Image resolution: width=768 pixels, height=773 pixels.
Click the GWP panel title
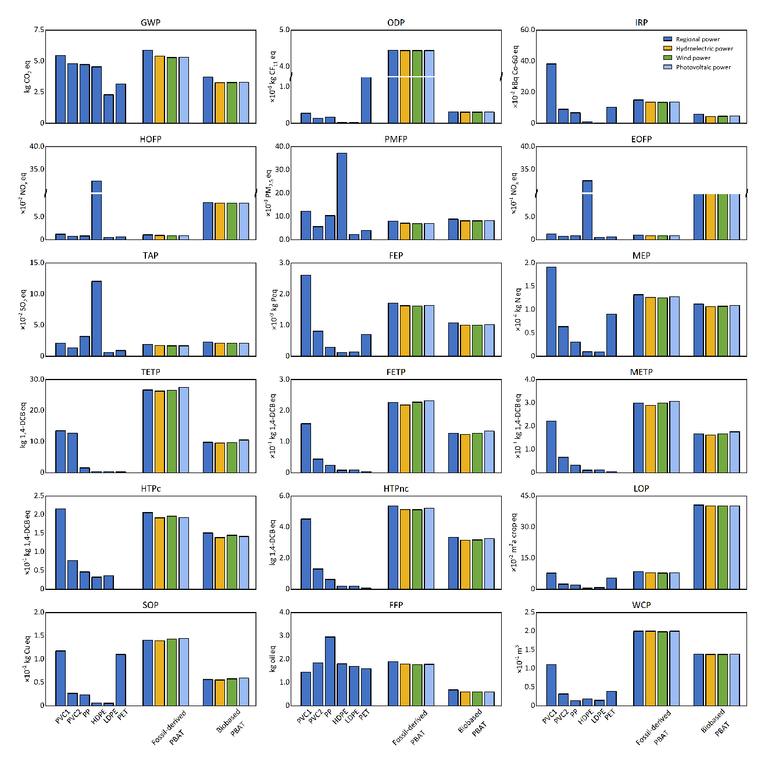[x=151, y=23]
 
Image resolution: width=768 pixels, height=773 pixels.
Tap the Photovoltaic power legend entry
[x=703, y=67]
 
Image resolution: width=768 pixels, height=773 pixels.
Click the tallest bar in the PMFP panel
[x=342, y=196]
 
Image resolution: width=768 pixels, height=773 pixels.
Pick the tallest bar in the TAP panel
[x=97, y=318]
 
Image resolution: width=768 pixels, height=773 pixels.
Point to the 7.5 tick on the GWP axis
[x=38, y=30]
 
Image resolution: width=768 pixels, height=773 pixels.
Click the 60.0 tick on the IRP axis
[x=528, y=30]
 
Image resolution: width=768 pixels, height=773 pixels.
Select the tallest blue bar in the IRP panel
[x=551, y=94]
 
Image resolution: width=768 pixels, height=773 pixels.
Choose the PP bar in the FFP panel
[x=330, y=671]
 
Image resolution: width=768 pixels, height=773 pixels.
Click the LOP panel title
[x=641, y=489]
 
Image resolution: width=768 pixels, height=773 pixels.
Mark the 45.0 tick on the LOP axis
[x=528, y=496]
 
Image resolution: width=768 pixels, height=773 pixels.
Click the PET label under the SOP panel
[x=123, y=715]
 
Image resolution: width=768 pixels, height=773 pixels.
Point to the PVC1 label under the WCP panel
[x=549, y=716]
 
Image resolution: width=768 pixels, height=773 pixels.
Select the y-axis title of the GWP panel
[x=27, y=76]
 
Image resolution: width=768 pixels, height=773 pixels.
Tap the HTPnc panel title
[x=396, y=489]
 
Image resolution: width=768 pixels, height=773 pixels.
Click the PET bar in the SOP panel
[x=121, y=680]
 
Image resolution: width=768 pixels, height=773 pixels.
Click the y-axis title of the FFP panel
[x=273, y=659]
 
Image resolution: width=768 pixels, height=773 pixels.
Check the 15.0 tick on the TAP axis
[x=37, y=263]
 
